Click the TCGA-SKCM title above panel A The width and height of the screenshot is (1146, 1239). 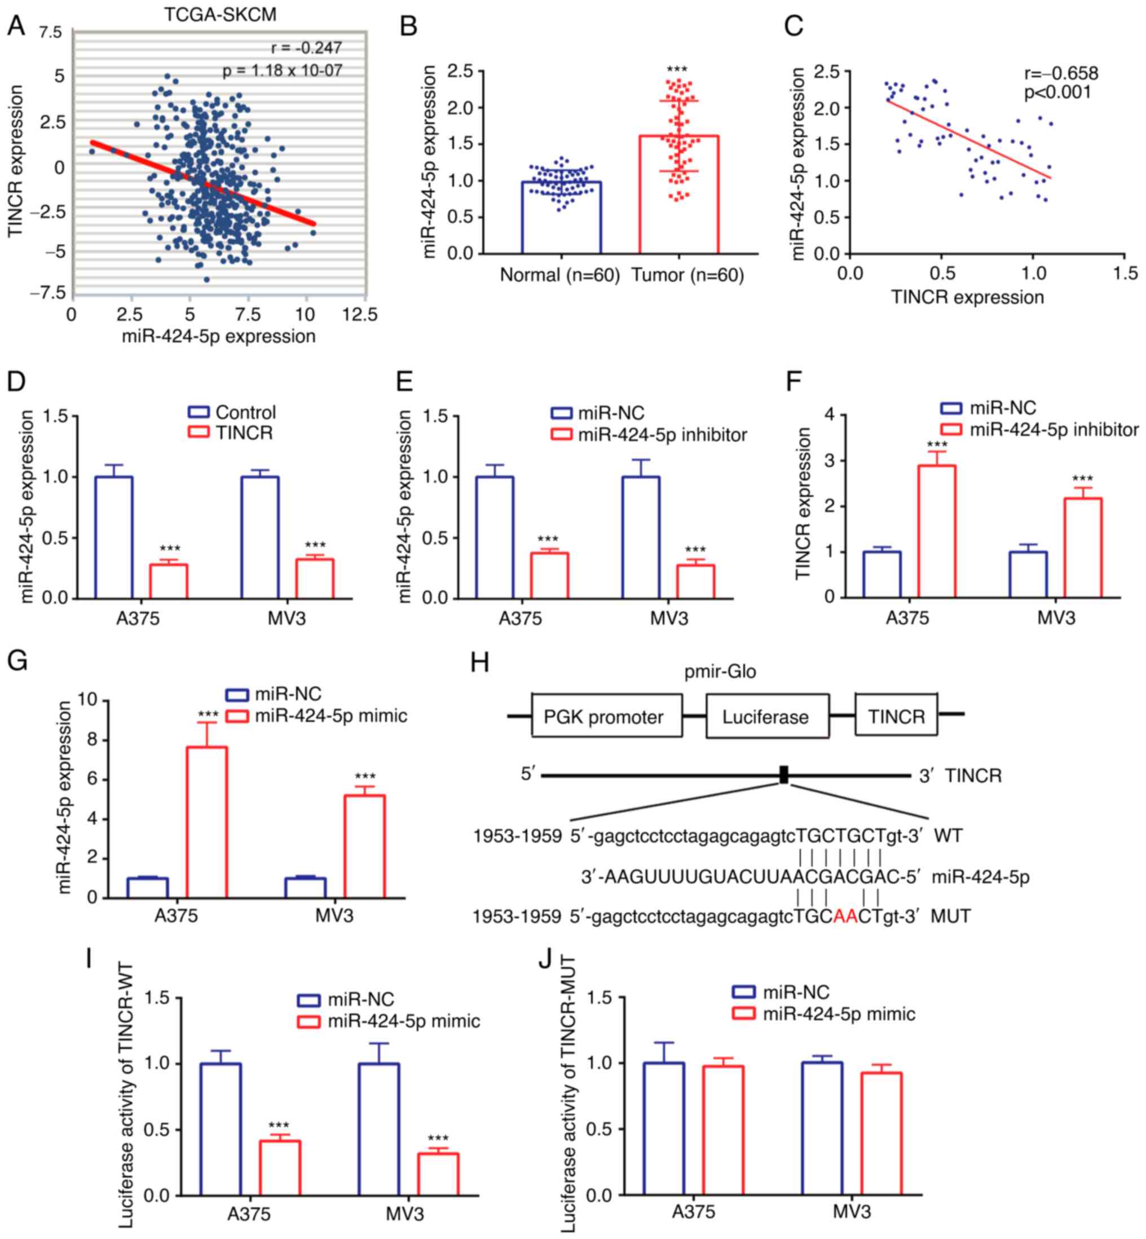[x=220, y=14]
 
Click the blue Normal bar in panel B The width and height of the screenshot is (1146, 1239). [x=561, y=217]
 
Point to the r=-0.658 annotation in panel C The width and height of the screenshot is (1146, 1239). [x=1061, y=73]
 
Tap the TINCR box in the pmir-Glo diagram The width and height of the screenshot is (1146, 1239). [x=896, y=716]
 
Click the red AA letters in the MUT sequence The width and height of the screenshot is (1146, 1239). [x=845, y=916]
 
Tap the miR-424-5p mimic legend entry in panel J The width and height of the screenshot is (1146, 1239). [x=839, y=1014]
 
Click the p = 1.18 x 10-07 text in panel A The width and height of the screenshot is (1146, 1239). [x=283, y=70]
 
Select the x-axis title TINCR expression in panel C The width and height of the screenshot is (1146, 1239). [x=967, y=298]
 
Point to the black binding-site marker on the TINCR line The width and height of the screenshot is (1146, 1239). [x=784, y=774]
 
